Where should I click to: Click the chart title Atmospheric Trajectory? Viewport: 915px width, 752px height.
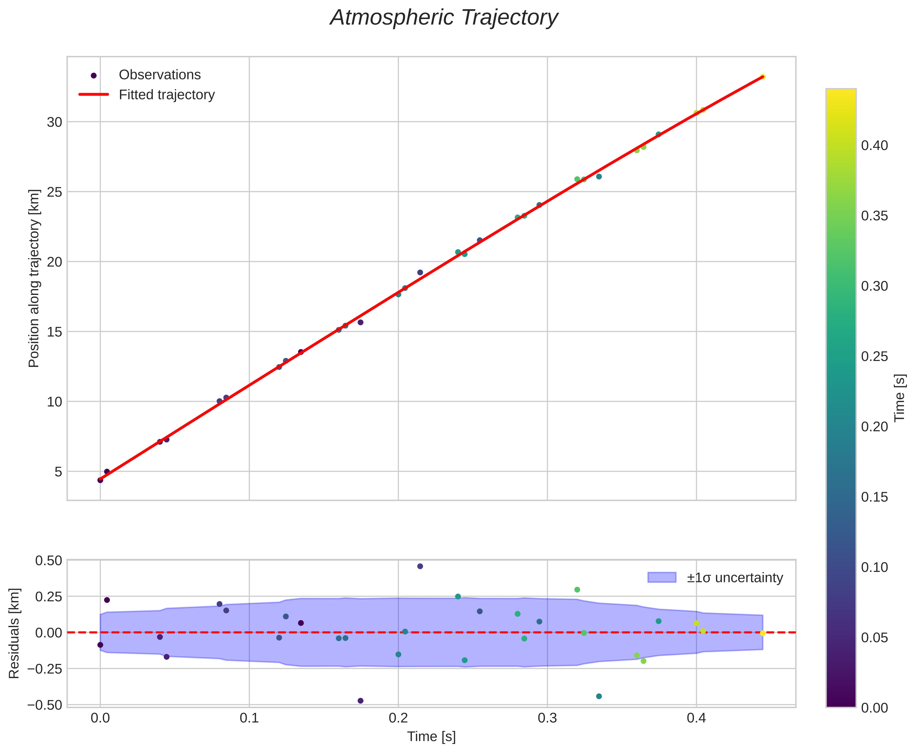(x=444, y=18)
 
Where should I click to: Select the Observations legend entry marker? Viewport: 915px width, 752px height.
(x=93, y=75)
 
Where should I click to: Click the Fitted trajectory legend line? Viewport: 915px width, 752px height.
(x=93, y=94)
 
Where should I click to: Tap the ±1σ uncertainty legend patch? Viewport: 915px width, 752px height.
(x=661, y=578)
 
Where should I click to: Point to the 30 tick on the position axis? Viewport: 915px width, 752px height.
(x=55, y=122)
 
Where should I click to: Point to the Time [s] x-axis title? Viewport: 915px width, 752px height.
(x=431, y=736)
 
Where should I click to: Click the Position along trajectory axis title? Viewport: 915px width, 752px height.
(x=34, y=278)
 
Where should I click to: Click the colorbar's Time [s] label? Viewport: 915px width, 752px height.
(x=900, y=397)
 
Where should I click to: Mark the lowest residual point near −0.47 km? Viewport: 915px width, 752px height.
(x=360, y=700)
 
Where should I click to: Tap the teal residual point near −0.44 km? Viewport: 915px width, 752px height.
(x=599, y=696)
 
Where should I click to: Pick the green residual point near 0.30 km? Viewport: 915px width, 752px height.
(x=577, y=590)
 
